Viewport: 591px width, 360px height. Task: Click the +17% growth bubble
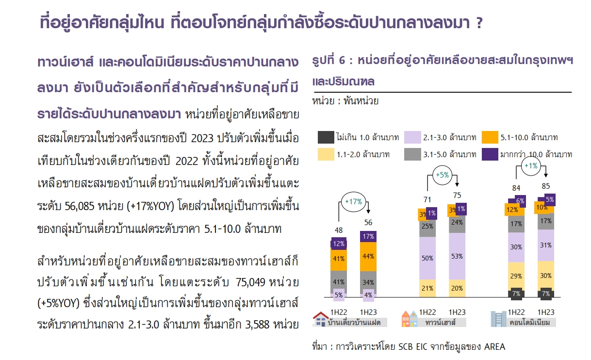pos(353,201)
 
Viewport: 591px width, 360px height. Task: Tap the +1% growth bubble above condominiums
pos(530,166)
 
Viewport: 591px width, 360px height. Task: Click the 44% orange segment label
pos(368,256)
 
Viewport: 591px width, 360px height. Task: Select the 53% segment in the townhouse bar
pos(457,256)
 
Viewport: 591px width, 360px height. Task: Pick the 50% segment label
pos(427,258)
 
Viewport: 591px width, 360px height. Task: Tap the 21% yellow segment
pos(427,288)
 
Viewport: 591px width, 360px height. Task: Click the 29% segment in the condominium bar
pos(516,276)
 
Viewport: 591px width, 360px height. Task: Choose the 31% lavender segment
pos(546,245)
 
